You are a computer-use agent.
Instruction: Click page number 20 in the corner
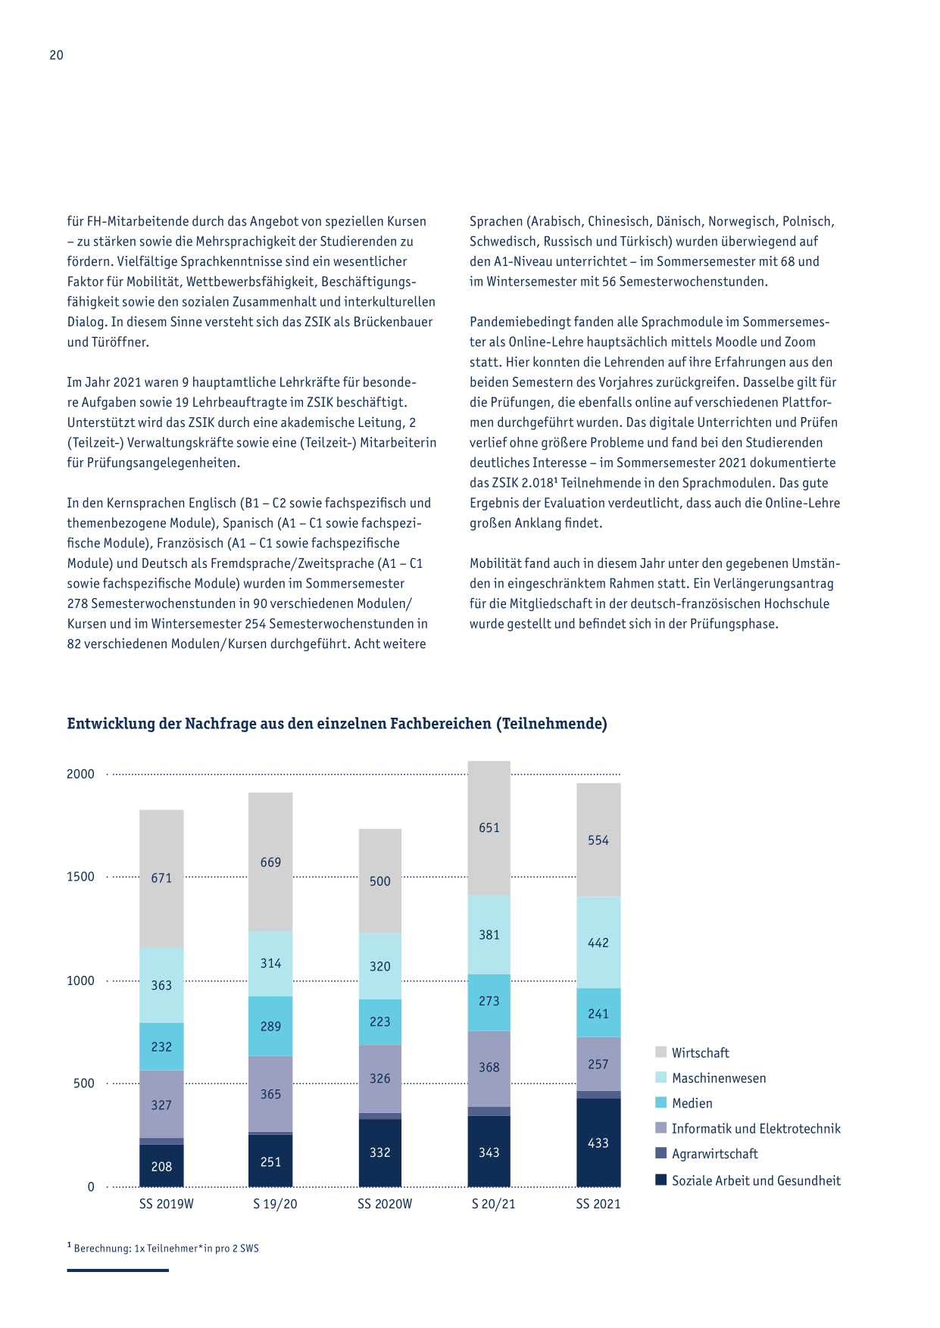pyautogui.click(x=57, y=55)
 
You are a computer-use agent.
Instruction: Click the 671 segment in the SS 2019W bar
pyautogui.click(x=161, y=878)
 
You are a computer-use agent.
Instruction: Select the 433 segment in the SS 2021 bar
pyautogui.click(x=598, y=1143)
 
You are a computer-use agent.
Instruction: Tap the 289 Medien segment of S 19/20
pyautogui.click(x=270, y=1026)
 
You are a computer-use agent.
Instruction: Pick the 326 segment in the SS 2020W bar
pyautogui.click(x=380, y=1079)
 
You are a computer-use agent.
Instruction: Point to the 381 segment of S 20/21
pyautogui.click(x=489, y=934)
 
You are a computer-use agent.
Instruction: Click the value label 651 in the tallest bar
pyautogui.click(x=489, y=828)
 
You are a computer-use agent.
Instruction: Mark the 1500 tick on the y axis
pyautogui.click(x=80, y=877)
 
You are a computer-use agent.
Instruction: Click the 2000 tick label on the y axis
pyautogui.click(x=80, y=774)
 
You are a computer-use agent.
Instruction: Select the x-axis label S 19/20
pyautogui.click(x=275, y=1204)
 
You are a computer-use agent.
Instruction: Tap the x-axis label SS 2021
pyautogui.click(x=598, y=1204)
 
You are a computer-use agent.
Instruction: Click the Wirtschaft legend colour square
pyautogui.click(x=661, y=1052)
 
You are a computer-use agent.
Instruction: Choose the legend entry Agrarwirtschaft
pyautogui.click(x=714, y=1154)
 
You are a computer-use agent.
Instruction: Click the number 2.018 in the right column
pyautogui.click(x=539, y=483)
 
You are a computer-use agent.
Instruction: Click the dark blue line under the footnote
pyautogui.click(x=117, y=1270)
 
